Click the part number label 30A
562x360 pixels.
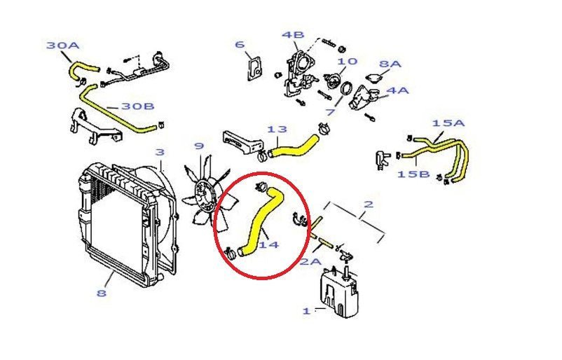(x=63, y=46)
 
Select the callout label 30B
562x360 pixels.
(x=137, y=106)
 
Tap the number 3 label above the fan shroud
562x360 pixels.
(x=159, y=152)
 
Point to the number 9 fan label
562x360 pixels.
(x=199, y=146)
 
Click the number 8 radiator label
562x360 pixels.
(x=102, y=293)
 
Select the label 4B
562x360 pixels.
(x=293, y=35)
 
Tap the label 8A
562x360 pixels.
(x=390, y=64)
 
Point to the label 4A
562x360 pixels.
(x=397, y=90)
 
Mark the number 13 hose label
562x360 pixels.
(x=277, y=130)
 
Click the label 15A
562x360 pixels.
(x=448, y=123)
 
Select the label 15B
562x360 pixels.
(x=413, y=173)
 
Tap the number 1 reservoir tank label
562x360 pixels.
(x=306, y=311)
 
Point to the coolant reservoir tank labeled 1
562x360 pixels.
(x=339, y=294)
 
